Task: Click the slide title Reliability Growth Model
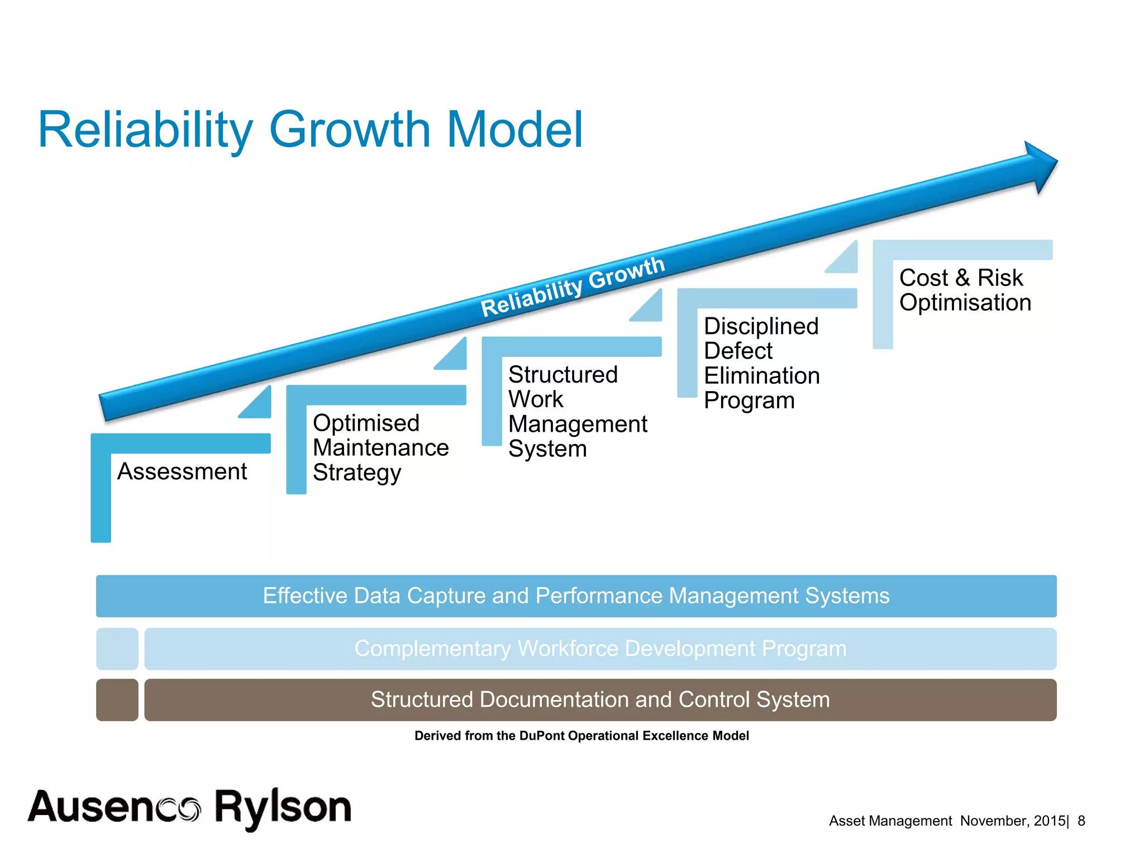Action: tap(311, 130)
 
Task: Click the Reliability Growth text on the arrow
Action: tap(573, 287)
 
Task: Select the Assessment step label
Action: tap(182, 471)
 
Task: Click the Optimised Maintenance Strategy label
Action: tap(380, 447)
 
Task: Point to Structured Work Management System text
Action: tap(577, 412)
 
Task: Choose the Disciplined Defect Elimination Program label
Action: tap(761, 363)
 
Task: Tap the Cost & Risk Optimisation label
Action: tap(965, 290)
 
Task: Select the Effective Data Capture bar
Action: tap(576, 596)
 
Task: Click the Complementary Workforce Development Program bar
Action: tap(600, 649)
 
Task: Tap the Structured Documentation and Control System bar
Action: tap(600, 700)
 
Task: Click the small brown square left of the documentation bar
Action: tap(117, 700)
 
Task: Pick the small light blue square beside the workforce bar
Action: tap(117, 649)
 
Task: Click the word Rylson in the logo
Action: tap(283, 808)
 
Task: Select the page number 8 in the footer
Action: tap(1081, 821)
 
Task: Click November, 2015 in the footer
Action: tap(1012, 821)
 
